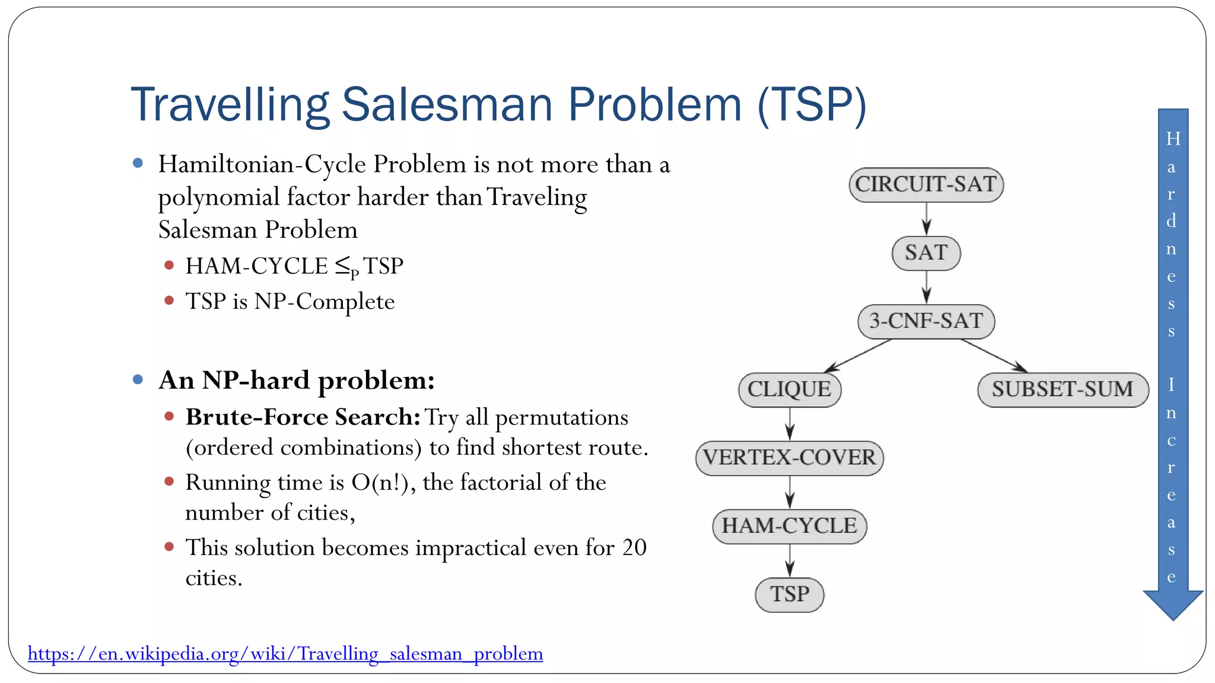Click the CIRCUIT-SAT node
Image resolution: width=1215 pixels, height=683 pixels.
(925, 184)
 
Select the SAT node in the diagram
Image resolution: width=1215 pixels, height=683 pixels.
(925, 253)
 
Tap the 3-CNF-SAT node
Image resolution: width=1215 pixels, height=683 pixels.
(925, 321)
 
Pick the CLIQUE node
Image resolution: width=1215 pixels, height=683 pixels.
(789, 390)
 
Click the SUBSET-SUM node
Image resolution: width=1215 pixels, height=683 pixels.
(1062, 390)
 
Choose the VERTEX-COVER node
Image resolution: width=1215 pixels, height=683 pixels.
(789, 458)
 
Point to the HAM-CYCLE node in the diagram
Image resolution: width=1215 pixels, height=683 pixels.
(789, 526)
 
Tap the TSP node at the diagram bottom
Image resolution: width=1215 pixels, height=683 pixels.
(789, 594)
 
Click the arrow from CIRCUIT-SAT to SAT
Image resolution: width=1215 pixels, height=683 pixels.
(926, 218)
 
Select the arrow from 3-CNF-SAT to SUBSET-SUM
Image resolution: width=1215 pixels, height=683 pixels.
(994, 356)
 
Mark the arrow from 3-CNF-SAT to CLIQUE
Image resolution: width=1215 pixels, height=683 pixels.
(859, 356)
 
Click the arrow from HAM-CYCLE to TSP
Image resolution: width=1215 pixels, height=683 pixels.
(790, 560)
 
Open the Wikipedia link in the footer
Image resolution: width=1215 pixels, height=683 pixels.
(285, 653)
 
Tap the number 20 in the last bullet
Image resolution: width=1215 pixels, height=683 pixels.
(634, 547)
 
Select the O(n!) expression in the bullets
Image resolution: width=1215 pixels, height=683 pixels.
(379, 483)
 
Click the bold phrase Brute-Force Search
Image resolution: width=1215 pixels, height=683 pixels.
(303, 417)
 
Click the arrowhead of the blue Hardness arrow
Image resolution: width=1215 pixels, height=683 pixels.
(1173, 605)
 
